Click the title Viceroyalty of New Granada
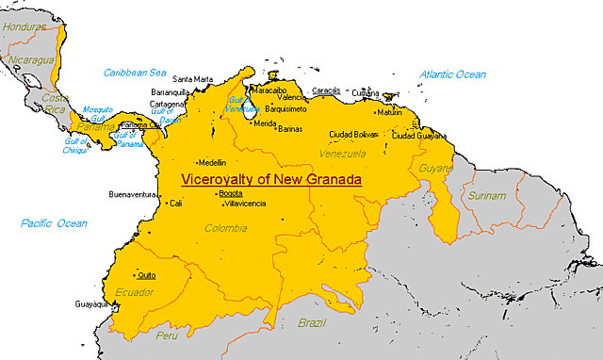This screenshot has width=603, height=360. click(x=272, y=177)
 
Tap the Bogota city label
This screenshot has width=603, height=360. click(x=230, y=193)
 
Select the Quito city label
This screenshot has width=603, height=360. click(x=146, y=275)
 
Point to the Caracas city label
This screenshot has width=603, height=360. click(x=326, y=90)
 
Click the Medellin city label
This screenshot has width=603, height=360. click(x=211, y=163)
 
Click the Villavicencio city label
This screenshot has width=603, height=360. click(x=244, y=204)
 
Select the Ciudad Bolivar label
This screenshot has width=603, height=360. click(x=353, y=135)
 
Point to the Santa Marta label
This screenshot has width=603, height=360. click(x=193, y=78)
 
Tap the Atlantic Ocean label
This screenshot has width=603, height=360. click(x=452, y=74)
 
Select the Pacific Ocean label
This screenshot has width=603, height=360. click(x=53, y=223)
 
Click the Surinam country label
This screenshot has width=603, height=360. click(x=487, y=196)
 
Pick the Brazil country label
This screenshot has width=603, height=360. click(x=311, y=323)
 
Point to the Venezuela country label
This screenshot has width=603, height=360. click(x=342, y=154)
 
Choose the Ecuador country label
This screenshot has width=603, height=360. click(x=134, y=292)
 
